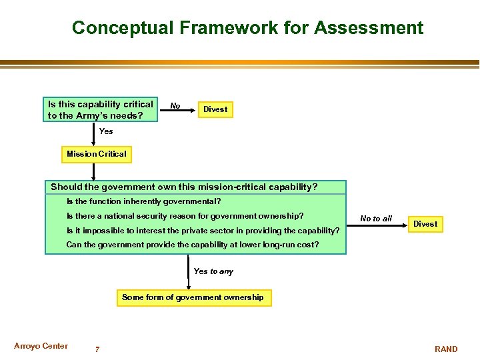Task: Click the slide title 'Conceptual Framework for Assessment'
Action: tap(247, 28)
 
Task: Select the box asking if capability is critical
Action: tap(101, 110)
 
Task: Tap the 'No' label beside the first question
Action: tap(175, 106)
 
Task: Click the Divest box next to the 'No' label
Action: tap(215, 109)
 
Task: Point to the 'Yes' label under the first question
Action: tap(106, 131)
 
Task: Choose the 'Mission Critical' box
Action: tap(96, 154)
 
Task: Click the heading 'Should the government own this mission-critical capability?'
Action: tap(184, 187)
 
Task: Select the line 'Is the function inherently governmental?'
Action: tap(143, 201)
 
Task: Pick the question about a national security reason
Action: tap(185, 216)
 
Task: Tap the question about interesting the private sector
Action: tap(203, 231)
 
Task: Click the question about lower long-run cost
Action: tap(192, 245)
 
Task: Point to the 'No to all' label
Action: tap(376, 219)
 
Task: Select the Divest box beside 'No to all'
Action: tap(425, 224)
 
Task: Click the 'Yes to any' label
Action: tap(213, 271)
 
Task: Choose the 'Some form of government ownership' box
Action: tap(193, 297)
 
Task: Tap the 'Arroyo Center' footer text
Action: tap(41, 346)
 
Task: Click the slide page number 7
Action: tap(97, 349)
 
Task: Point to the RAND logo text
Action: tap(446, 349)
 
